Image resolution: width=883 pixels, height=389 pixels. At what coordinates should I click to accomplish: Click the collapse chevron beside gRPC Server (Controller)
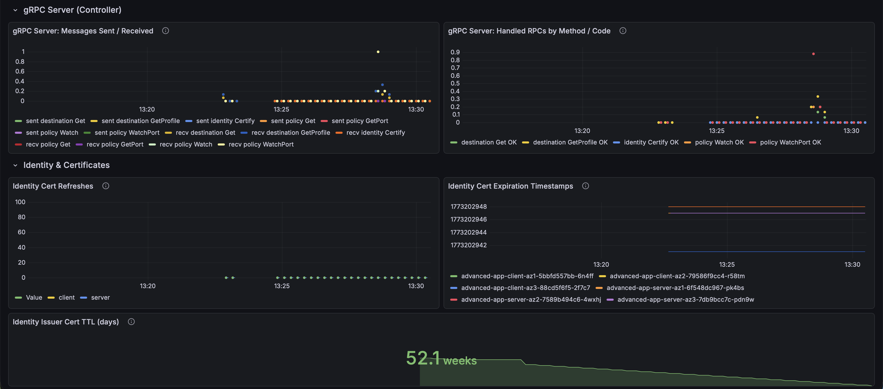(15, 10)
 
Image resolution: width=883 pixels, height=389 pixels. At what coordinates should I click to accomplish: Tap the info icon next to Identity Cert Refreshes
(106, 186)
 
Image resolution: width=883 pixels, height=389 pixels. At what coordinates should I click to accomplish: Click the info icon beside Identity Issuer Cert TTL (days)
(131, 322)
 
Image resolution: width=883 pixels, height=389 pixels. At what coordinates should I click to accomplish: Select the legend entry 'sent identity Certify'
(225, 121)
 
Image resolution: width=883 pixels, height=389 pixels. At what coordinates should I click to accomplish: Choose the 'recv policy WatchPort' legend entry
(261, 144)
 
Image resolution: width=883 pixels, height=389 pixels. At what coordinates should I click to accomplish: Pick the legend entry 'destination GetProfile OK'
(570, 142)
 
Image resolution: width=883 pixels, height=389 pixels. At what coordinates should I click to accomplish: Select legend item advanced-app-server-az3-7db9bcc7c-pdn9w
(686, 299)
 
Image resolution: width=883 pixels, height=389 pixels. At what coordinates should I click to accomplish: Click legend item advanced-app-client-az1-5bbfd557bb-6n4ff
(527, 276)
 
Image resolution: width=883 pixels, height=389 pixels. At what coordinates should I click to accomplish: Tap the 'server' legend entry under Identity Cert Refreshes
(100, 298)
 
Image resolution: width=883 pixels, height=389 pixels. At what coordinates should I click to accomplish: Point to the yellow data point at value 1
(378, 52)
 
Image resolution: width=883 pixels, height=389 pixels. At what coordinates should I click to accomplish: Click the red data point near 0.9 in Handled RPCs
(814, 54)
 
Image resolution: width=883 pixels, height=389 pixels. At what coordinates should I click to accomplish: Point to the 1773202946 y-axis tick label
(469, 219)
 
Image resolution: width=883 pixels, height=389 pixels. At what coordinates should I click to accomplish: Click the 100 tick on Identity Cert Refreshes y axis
(20, 202)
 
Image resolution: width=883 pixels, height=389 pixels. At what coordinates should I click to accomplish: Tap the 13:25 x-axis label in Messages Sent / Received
(281, 109)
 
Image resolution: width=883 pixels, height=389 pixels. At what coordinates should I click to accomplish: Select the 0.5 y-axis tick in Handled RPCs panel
(455, 83)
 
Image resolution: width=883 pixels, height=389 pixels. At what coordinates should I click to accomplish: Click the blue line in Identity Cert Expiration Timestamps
(766, 252)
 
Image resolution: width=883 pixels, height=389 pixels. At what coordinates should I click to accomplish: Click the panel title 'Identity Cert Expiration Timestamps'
(510, 186)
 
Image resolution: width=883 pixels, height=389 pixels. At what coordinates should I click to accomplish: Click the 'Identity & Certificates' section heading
(66, 165)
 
